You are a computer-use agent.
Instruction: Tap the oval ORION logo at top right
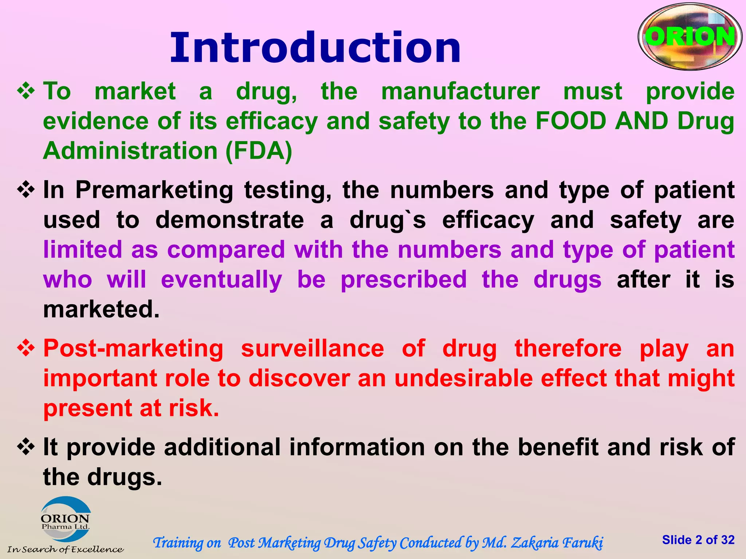tap(690, 37)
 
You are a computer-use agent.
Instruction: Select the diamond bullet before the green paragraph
tap(26, 91)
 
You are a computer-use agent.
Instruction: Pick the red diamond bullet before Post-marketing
tap(26, 348)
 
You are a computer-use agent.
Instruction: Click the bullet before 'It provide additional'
tap(26, 447)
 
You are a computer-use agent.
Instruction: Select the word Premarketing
tap(154, 190)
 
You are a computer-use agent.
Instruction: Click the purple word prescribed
tap(404, 279)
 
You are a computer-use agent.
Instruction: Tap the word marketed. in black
tap(101, 309)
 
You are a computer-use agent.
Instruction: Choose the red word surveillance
tap(313, 348)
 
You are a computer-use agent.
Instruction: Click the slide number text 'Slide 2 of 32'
tap(698, 540)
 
